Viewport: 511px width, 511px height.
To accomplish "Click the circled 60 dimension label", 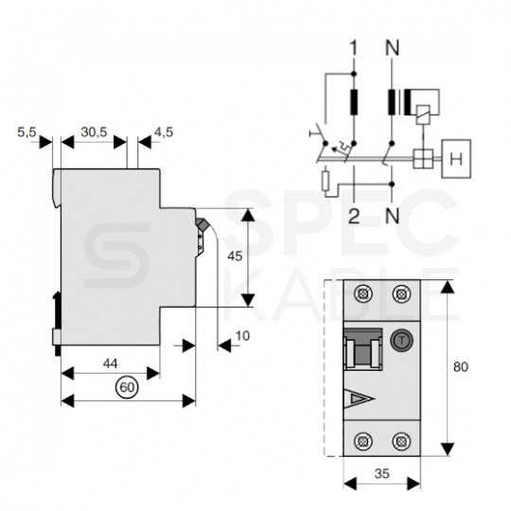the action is click(x=127, y=387).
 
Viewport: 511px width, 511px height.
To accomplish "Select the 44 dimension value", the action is click(x=110, y=363).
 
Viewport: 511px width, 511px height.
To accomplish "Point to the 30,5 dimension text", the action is click(x=94, y=132).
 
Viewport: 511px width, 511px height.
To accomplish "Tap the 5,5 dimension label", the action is click(x=26, y=132).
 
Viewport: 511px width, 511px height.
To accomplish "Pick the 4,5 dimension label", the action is click(x=164, y=132).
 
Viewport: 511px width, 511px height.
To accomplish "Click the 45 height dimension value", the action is click(x=235, y=256).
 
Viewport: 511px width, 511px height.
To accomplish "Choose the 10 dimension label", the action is click(x=242, y=336).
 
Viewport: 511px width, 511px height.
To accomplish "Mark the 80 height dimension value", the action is click(x=461, y=367).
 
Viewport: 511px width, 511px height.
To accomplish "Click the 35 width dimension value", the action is click(x=381, y=473).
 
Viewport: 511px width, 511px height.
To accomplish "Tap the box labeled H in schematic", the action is click(x=456, y=159).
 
